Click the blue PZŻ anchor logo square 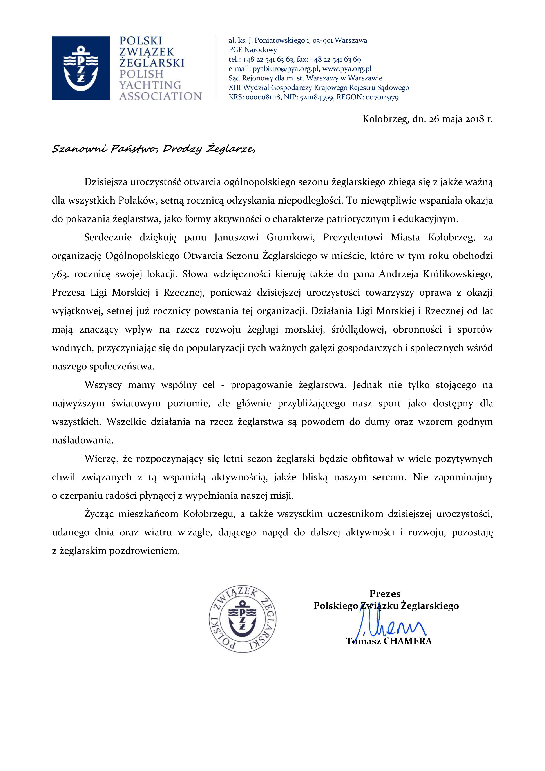[x=81, y=68]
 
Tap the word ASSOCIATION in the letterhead [x=160, y=96]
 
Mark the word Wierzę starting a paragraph [x=100, y=459]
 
